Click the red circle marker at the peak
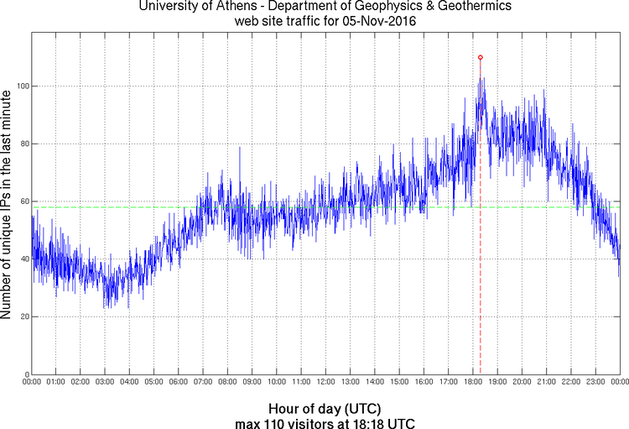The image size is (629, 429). click(480, 57)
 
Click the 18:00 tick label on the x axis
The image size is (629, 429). click(472, 382)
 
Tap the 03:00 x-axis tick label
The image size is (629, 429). click(105, 382)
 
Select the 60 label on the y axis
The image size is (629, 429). click(23, 201)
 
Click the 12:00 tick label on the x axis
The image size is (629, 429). click(325, 382)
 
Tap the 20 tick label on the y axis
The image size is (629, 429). click(23, 317)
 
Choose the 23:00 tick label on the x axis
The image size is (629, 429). click(595, 382)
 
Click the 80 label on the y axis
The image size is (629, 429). click(23, 144)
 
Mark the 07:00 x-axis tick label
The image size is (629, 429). click(203, 382)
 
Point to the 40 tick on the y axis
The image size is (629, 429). click(23, 259)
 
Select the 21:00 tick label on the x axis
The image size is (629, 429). click(546, 382)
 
